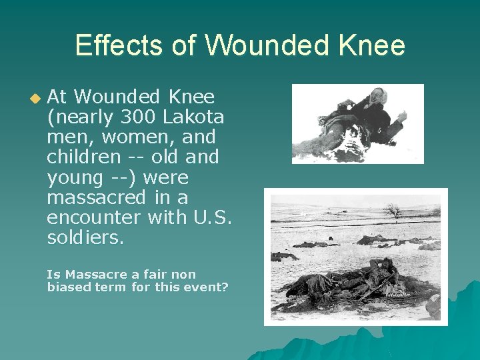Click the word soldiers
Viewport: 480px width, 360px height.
coord(85,237)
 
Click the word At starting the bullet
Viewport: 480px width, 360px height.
coord(57,97)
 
